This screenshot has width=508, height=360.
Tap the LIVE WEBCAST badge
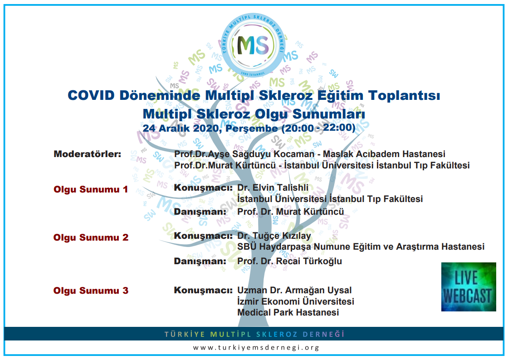pyautogui.click(x=469, y=287)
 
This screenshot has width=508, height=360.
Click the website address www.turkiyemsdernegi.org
pyautogui.click(x=256, y=347)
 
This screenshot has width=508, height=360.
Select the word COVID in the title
pyautogui.click(x=91, y=95)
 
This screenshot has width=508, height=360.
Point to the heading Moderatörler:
pyautogui.click(x=88, y=154)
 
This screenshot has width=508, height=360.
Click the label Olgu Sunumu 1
pyautogui.click(x=91, y=189)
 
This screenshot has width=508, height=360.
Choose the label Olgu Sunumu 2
pyautogui.click(x=91, y=237)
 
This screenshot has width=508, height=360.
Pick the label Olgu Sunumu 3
pyautogui.click(x=91, y=290)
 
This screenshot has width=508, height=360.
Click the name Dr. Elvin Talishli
pyautogui.click(x=273, y=187)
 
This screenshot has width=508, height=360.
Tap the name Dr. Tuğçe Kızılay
pyautogui.click(x=274, y=236)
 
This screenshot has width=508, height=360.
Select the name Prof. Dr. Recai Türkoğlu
pyautogui.click(x=290, y=261)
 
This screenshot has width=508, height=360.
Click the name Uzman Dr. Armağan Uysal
pyautogui.click(x=294, y=290)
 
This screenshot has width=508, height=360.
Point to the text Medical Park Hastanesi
pyautogui.click(x=288, y=312)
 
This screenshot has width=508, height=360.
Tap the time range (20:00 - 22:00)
pyautogui.click(x=318, y=128)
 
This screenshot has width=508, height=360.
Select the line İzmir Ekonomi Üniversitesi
pyautogui.click(x=295, y=301)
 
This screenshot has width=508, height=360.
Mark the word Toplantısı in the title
pyautogui.click(x=404, y=95)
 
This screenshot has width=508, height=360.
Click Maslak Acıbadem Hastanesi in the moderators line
pyautogui.click(x=384, y=154)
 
